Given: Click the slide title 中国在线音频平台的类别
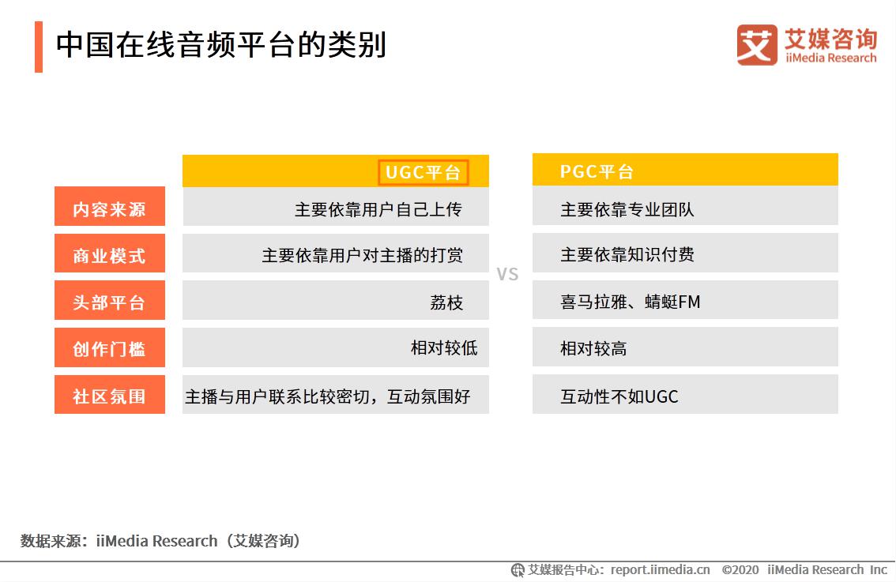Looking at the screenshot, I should pyautogui.click(x=220, y=45).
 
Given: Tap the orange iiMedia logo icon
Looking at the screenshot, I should pyautogui.click(x=756, y=45).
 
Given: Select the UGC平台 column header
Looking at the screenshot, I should pyautogui.click(x=423, y=172).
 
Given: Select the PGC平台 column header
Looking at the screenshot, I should pyautogui.click(x=597, y=171).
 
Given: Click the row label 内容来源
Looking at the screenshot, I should pyautogui.click(x=110, y=209).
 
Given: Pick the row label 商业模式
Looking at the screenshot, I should pyautogui.click(x=110, y=256).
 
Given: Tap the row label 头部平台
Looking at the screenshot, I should pyautogui.click(x=110, y=302).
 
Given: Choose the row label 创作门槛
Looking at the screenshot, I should pyautogui.click(x=110, y=349).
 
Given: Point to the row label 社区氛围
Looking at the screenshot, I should pyautogui.click(x=110, y=396).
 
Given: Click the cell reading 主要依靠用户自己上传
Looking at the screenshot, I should pyautogui.click(x=378, y=209).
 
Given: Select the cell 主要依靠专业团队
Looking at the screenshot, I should pyautogui.click(x=627, y=209).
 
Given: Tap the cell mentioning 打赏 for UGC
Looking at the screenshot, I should pyautogui.click(x=362, y=255).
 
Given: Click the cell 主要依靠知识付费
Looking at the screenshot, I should pyautogui.click(x=627, y=255).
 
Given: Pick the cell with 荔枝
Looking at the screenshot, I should pyautogui.click(x=446, y=302).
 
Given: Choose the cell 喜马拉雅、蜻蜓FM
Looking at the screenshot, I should pyautogui.click(x=630, y=302).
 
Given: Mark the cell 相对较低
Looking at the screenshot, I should pyautogui.click(x=443, y=348).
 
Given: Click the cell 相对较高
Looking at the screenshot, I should pyautogui.click(x=593, y=348).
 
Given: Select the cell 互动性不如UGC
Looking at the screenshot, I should pyautogui.click(x=619, y=396).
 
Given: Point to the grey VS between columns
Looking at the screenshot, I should pyautogui.click(x=507, y=275).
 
